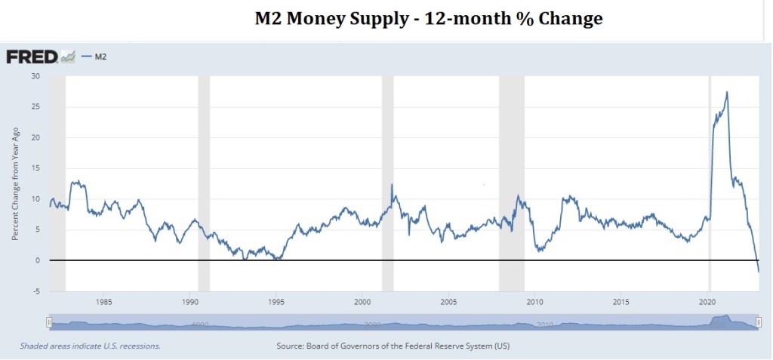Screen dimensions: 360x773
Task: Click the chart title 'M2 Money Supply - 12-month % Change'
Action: coord(428,19)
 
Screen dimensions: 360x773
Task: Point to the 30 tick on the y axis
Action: coord(35,76)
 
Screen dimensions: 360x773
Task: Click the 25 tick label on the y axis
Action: coord(35,106)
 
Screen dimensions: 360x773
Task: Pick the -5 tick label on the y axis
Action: coord(35,291)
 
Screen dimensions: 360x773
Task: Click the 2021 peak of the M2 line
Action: coord(726,92)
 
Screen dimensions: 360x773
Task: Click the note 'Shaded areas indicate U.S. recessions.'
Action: coord(91,346)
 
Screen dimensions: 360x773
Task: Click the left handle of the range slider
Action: coord(49,322)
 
